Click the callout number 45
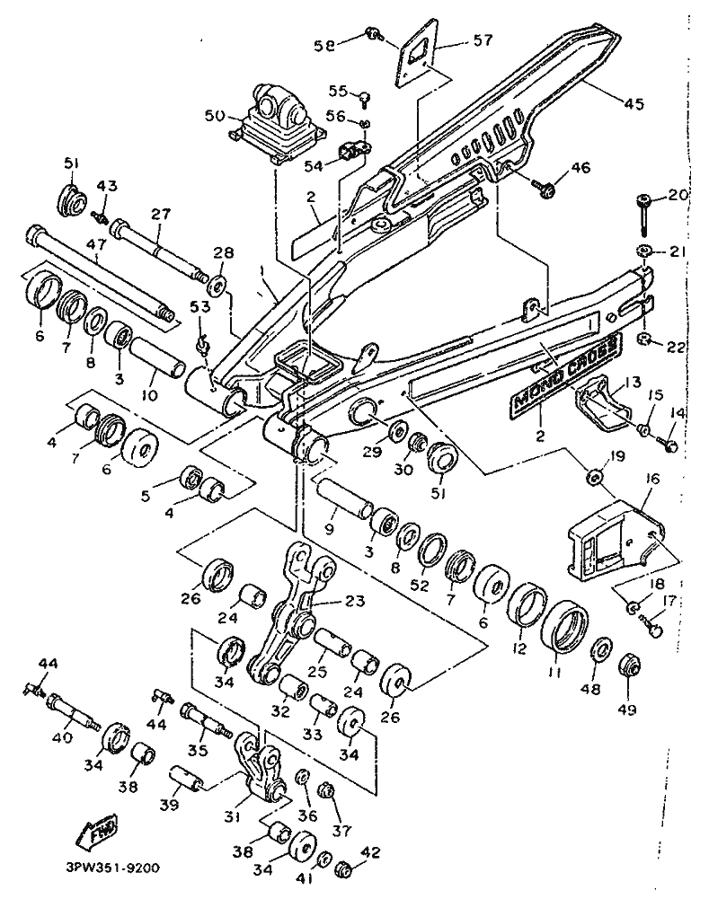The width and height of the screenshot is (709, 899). coord(634,104)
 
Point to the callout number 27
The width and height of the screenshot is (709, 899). coord(160,216)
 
